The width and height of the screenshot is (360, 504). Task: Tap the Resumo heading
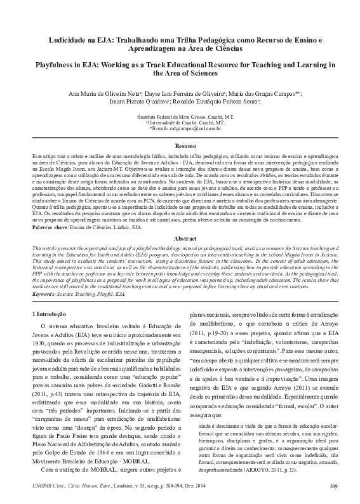(180, 128)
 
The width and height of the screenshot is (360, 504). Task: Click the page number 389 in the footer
(334, 487)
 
